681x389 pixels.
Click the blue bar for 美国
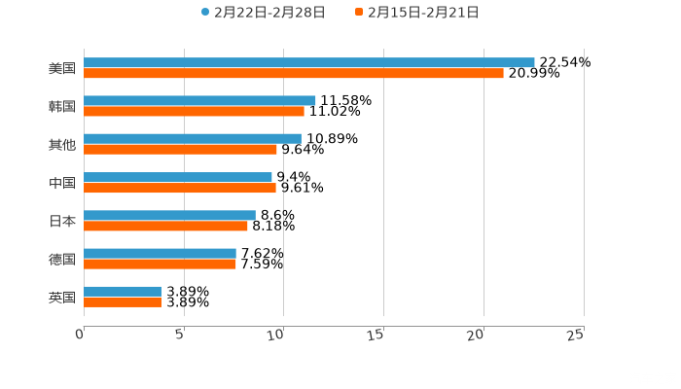point(309,62)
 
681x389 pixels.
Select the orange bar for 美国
point(294,73)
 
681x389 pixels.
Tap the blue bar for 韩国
point(199,100)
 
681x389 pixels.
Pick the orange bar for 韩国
point(194,111)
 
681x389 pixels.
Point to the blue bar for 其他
point(193,138)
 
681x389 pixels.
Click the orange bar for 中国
point(180,188)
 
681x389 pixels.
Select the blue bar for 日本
point(169,215)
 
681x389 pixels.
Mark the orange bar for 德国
point(160,264)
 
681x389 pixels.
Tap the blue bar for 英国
point(123,291)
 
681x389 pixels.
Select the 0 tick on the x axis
point(80,334)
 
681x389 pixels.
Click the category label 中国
point(62,183)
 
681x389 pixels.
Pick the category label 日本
point(62,221)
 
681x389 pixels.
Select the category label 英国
point(62,297)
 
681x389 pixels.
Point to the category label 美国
point(62,68)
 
